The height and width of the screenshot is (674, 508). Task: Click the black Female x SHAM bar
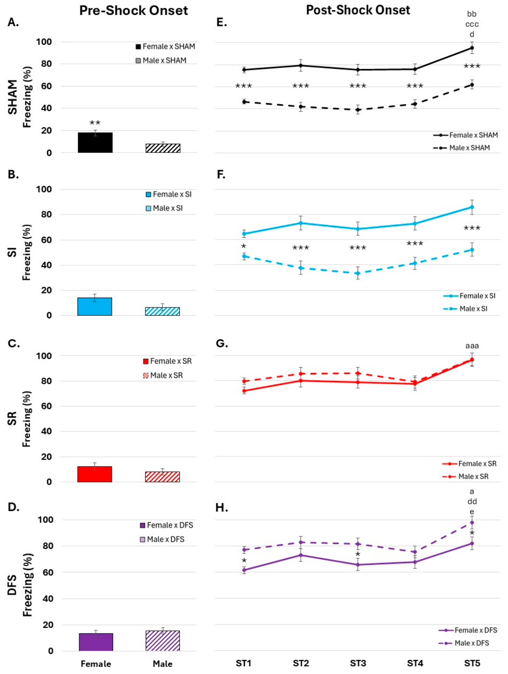pyautogui.click(x=95, y=142)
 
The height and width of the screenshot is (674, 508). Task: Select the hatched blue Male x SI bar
pyautogui.click(x=162, y=311)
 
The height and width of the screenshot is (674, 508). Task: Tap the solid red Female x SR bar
pyautogui.click(x=95, y=474)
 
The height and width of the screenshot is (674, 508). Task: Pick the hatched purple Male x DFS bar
pyautogui.click(x=163, y=641)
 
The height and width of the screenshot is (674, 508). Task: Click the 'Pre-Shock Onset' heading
pyautogui.click(x=133, y=10)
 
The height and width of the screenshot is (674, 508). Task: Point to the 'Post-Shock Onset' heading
pyautogui.click(x=358, y=10)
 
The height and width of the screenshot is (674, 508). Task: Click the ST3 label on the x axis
pyautogui.click(x=358, y=663)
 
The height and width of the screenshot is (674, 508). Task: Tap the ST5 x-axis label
pyautogui.click(x=472, y=663)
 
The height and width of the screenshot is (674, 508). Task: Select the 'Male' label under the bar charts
pyautogui.click(x=163, y=664)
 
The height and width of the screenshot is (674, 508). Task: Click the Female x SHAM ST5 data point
pyautogui.click(x=472, y=48)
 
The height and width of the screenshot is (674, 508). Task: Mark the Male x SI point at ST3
pyautogui.click(x=358, y=273)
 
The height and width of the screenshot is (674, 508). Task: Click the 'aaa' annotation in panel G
pyautogui.click(x=472, y=346)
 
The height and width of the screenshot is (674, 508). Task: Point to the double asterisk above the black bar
pyautogui.click(x=95, y=123)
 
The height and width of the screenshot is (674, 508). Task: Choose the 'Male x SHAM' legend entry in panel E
pyautogui.click(x=461, y=148)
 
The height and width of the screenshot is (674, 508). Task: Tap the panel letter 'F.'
pyautogui.click(x=221, y=174)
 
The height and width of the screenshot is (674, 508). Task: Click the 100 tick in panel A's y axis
pyautogui.click(x=44, y=42)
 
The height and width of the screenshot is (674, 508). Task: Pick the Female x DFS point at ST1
pyautogui.click(x=244, y=570)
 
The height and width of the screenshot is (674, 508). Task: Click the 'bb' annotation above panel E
pyautogui.click(x=472, y=14)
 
